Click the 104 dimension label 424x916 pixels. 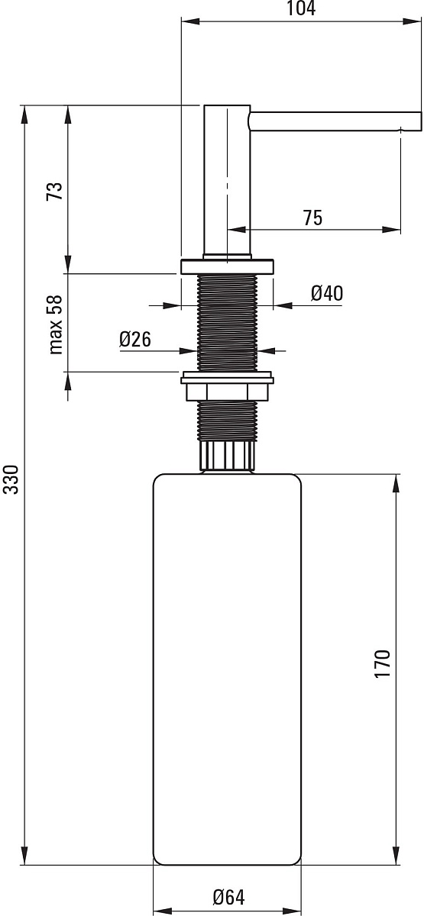point(301,8)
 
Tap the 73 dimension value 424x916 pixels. point(54,191)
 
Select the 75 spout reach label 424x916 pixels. point(312,218)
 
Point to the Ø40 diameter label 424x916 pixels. point(327,293)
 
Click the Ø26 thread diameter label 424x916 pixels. point(135,340)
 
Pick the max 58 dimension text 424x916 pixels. point(55,324)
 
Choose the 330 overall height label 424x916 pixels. point(10,479)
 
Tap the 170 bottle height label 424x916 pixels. point(382,663)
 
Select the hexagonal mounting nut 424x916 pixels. point(227,392)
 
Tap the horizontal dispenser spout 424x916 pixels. point(335,121)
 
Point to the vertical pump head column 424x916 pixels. point(227,181)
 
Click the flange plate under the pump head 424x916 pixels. point(227,266)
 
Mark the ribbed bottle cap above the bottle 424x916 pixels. point(227,456)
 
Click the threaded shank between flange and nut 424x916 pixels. point(227,323)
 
